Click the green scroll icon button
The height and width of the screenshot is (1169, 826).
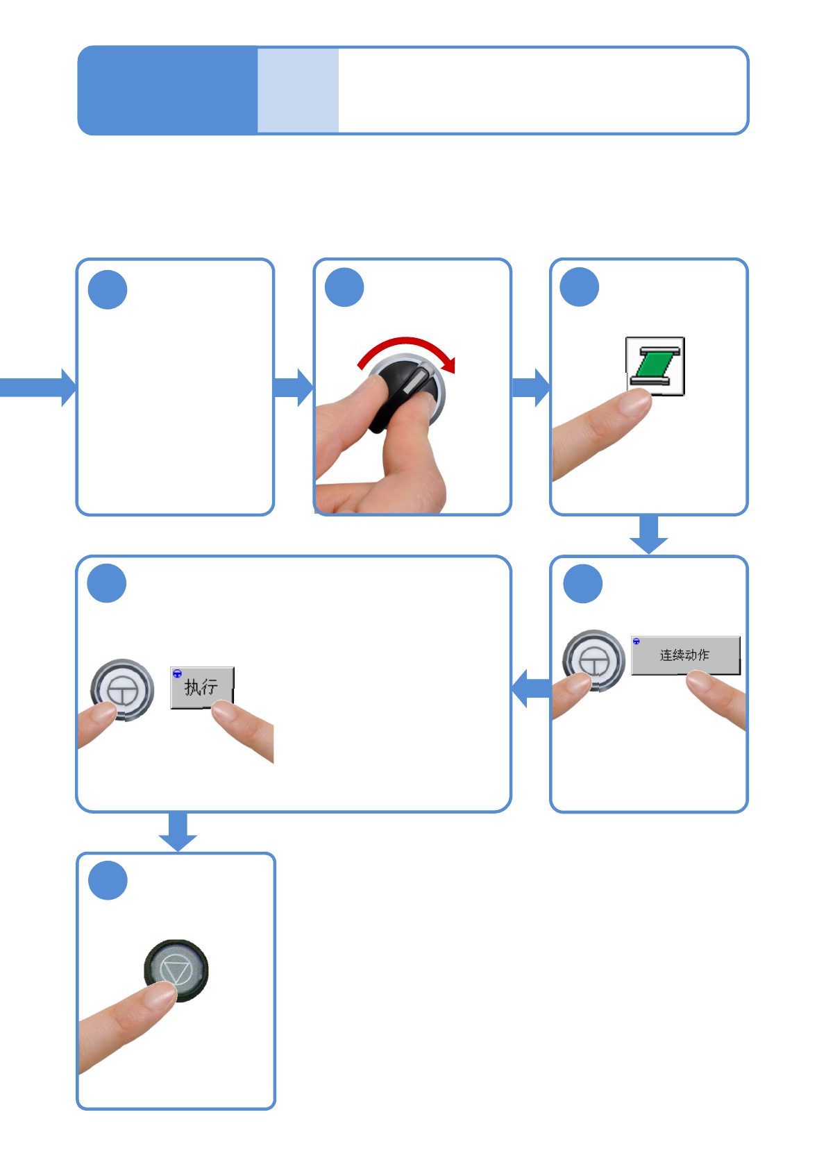(655, 365)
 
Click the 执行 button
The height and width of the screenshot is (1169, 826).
(201, 687)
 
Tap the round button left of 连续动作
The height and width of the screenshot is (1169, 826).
(593, 659)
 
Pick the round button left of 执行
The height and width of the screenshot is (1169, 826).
(122, 689)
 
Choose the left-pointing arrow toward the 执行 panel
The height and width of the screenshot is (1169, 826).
(531, 689)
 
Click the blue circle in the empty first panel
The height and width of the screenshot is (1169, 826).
(108, 289)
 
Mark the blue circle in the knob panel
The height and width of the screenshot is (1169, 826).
(344, 287)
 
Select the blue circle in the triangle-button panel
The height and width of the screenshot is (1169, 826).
(108, 880)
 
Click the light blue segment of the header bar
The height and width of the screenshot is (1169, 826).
(298, 90)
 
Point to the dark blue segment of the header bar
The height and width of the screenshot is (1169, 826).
(167, 90)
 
